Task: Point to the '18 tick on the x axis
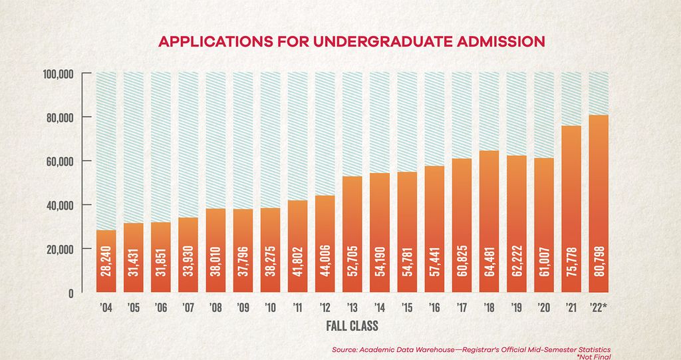489,309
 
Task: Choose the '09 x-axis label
243,309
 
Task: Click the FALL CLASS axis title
352,327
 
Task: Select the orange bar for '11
298,246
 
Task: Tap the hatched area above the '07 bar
188,143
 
